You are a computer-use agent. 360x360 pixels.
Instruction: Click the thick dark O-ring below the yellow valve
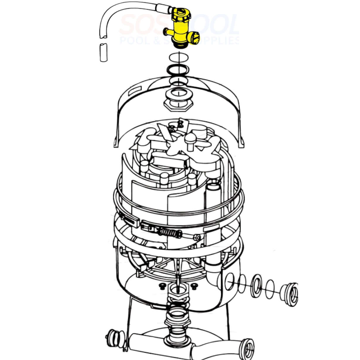pyautogui.click(x=177, y=70)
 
